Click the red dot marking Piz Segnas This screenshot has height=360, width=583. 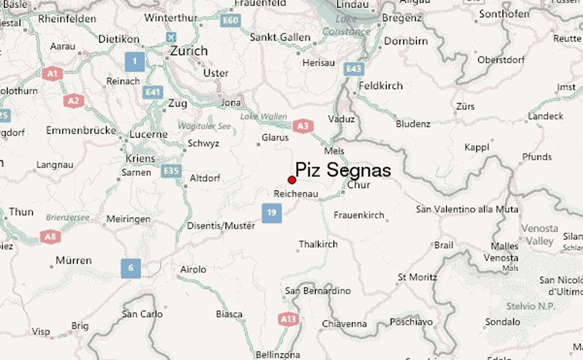pos(292,180)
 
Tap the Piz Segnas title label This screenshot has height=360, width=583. pos(343,170)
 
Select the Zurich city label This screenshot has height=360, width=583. pos(188,51)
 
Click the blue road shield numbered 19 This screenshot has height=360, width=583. pos(272,213)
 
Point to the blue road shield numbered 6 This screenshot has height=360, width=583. pos(131,268)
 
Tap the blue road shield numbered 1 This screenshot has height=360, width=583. pos(135,61)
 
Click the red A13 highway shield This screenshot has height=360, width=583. pos(289,319)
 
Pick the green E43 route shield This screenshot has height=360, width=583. pos(354,69)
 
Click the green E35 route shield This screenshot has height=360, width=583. pos(172,171)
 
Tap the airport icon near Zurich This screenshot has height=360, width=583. pos(171,37)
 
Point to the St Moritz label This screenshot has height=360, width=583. pos(417,277)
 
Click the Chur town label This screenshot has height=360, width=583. pos(358,185)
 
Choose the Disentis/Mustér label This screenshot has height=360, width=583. pos(221,225)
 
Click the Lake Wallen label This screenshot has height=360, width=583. pos(264,117)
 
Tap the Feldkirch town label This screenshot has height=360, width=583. pos(381,86)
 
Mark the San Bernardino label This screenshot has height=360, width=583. pos(318,291)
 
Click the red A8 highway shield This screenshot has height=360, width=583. pos(50,237)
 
